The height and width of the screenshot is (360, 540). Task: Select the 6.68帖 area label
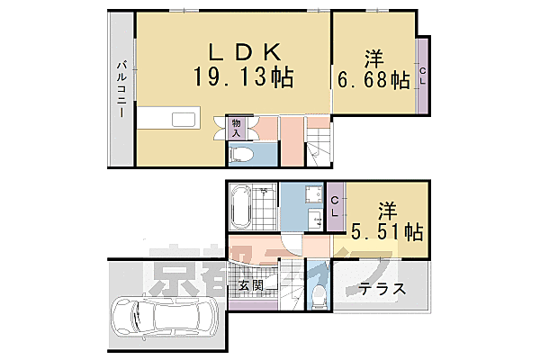pos(373,80)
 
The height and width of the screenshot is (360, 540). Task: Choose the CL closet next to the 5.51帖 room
pos(335,206)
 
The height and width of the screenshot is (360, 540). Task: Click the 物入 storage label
pos(236,127)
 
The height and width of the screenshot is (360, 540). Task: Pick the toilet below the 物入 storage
pos(241,154)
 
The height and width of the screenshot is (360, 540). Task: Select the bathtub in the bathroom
pos(240,206)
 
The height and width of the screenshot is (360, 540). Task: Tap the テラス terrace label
pos(382,291)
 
